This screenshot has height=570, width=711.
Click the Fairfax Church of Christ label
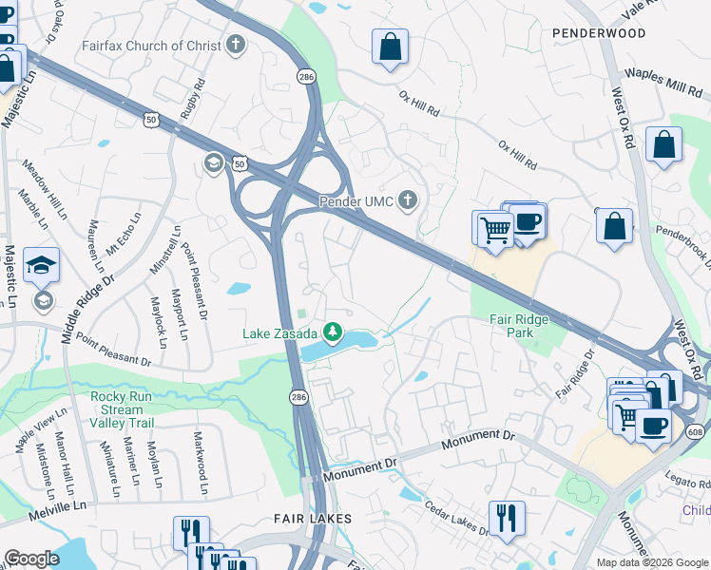[151, 46]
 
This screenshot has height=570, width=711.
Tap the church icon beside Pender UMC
[408, 199]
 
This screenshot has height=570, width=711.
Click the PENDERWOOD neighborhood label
[598, 32]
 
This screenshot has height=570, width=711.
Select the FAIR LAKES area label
[313, 519]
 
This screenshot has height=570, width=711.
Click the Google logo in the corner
[31, 559]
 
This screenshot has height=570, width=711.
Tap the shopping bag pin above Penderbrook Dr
[615, 227]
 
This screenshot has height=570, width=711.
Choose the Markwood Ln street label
[201, 464]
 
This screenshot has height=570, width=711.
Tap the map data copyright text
[651, 562]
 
